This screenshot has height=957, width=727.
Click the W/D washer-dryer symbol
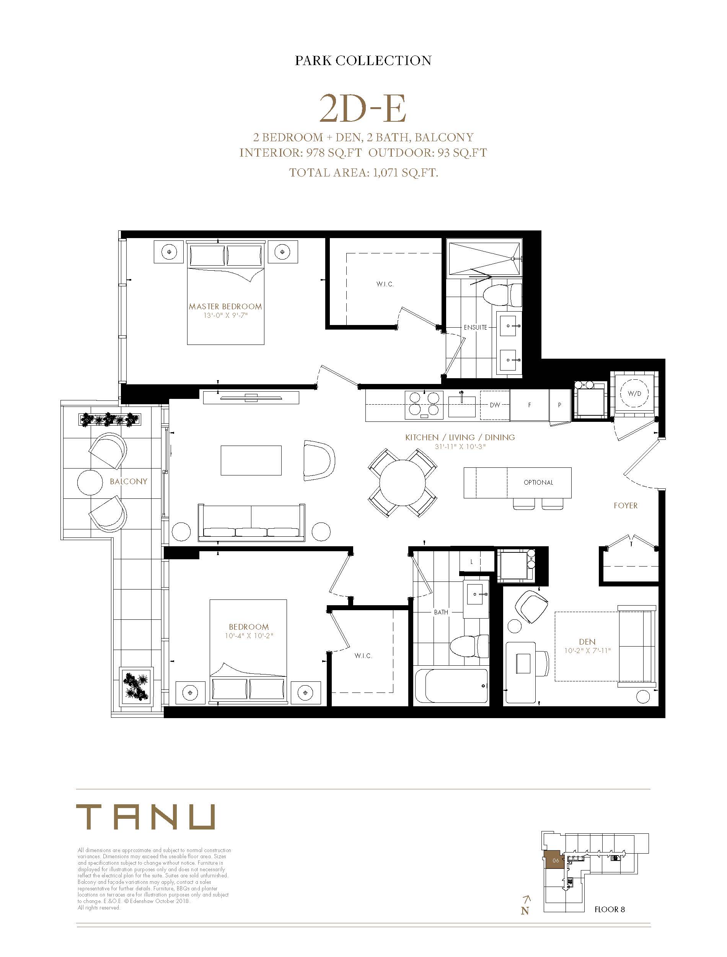click(x=634, y=394)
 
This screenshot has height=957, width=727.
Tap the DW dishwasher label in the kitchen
click(x=495, y=405)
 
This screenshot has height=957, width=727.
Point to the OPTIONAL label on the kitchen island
click(x=538, y=482)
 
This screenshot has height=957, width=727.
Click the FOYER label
click(x=625, y=506)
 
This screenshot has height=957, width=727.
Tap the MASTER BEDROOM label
click(x=225, y=307)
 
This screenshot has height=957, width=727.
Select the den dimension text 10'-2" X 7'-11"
click(x=587, y=650)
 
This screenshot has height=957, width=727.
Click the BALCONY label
click(x=128, y=481)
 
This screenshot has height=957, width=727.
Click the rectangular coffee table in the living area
click(x=251, y=461)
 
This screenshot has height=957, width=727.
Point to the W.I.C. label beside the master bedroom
click(x=385, y=284)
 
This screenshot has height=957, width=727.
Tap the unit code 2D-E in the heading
click(x=363, y=109)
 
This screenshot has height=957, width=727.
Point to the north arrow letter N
click(x=525, y=911)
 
